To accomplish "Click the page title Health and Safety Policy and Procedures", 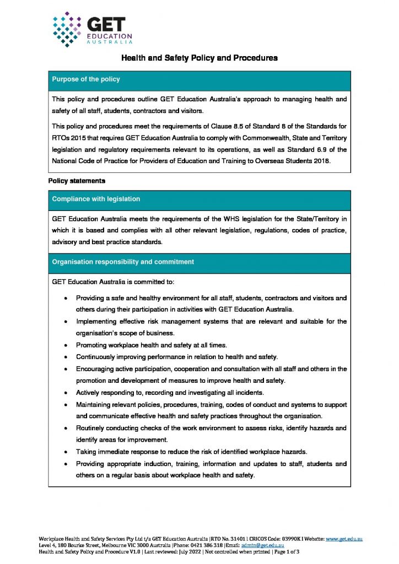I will coord(199,57).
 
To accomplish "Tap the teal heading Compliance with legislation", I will coord(96,199).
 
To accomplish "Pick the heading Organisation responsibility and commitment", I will coord(122,262).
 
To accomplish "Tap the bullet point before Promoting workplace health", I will coord(66,345).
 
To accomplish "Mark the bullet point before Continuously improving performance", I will coord(66,357).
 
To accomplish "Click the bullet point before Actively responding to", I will coord(66,393).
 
